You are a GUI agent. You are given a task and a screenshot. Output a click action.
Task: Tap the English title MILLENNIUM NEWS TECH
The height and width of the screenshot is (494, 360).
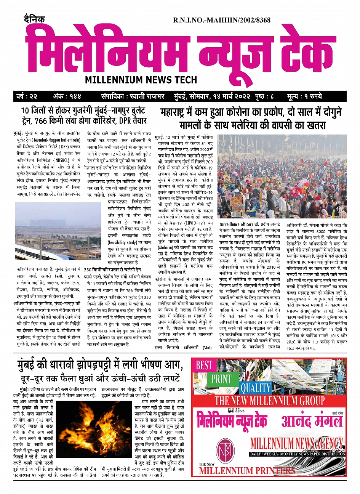141,80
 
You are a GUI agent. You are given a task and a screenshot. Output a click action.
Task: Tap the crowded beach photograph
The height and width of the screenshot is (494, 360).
282,176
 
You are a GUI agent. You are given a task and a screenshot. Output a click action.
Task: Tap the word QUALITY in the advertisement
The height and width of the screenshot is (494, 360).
255,388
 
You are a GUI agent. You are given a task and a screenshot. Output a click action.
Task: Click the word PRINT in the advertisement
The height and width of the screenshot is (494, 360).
221,379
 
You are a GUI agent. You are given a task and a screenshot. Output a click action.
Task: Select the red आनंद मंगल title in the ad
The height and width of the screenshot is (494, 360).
312,421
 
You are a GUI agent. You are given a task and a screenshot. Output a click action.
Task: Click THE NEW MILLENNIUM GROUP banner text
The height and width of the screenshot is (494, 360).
269,401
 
